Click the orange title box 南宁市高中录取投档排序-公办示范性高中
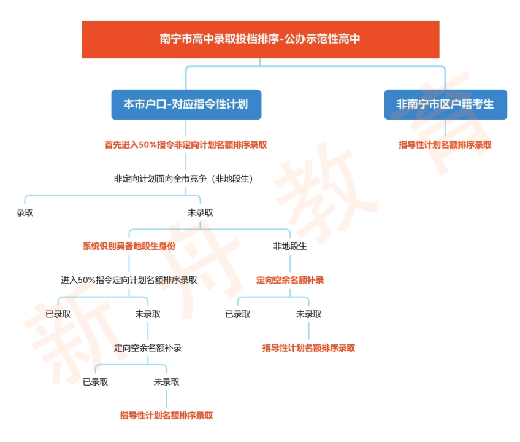pos(261,39)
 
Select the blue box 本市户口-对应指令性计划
pos(186,104)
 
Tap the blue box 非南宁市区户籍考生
pos(445,104)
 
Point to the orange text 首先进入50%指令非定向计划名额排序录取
pos(186,145)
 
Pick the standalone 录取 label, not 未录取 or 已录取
pos(25,213)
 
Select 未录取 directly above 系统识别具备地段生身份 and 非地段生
pos(201,213)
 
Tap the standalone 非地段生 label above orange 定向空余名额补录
pos(290,247)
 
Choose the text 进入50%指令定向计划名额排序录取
pos(129,281)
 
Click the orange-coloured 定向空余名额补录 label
pos(290,281)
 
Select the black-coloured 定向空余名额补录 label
pos(148,348)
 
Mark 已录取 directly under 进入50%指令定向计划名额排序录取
pos(58,314)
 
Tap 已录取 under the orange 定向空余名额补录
pos(238,314)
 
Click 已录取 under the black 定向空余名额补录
pos(96,382)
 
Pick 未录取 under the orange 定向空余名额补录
pos(309,314)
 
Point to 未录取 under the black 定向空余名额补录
pos(167,382)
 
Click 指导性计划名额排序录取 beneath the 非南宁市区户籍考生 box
pos(445,145)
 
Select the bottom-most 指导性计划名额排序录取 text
pos(167,416)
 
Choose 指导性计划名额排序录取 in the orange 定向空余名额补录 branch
pos(309,348)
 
